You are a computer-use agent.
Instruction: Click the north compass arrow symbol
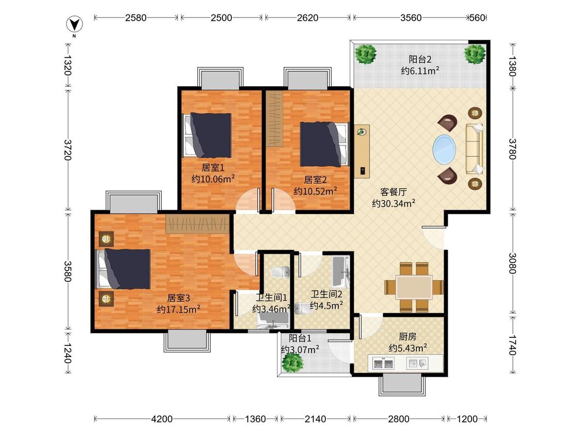pyautogui.click(x=74, y=25)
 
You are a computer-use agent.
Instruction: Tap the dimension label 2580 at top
pyautogui.click(x=136, y=18)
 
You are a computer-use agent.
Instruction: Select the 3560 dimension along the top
pyautogui.click(x=411, y=18)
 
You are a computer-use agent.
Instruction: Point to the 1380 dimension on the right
pyautogui.click(x=512, y=66)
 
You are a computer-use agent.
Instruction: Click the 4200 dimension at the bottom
pyautogui.click(x=162, y=419)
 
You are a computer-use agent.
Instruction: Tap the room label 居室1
pyautogui.click(x=213, y=167)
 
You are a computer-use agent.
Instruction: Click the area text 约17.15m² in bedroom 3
pyautogui.click(x=179, y=309)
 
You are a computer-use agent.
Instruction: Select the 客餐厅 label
pyautogui.click(x=394, y=192)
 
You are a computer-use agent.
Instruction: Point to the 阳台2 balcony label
pyautogui.click(x=420, y=59)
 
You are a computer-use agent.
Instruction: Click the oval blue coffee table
pyautogui.click(x=444, y=149)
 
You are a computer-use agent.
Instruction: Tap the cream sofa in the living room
pyautogui.click(x=475, y=149)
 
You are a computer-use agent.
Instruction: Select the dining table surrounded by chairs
pyautogui.click(x=414, y=287)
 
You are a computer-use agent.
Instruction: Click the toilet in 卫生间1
pyautogui.click(x=280, y=273)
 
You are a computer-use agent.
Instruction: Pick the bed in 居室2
pyautogui.click(x=325, y=144)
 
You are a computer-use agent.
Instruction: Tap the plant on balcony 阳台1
pyautogui.click(x=292, y=362)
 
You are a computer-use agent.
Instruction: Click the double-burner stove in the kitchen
pyautogui.click(x=383, y=363)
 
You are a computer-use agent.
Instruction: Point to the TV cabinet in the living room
pyautogui.click(x=362, y=151)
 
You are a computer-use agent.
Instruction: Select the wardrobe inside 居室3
pyautogui.click(x=197, y=224)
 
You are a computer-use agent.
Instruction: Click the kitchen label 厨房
pyautogui.click(x=407, y=337)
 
